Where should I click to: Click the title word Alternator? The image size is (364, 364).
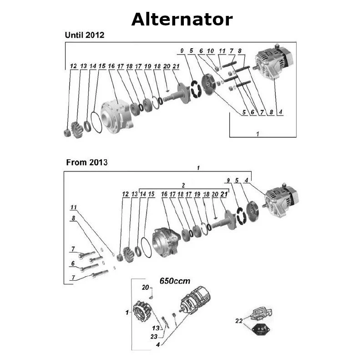pos(182,20)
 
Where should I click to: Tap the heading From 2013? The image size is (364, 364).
pos(86,162)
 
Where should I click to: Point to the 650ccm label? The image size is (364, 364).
pos(175,281)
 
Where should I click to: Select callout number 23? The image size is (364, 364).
pos(154,337)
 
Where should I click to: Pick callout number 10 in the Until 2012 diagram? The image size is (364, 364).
pos(210,51)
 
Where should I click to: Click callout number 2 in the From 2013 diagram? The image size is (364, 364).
pos(183,186)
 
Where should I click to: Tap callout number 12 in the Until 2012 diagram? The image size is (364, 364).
pos(73,66)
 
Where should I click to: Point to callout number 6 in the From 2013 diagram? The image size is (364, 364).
pos(72,263)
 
